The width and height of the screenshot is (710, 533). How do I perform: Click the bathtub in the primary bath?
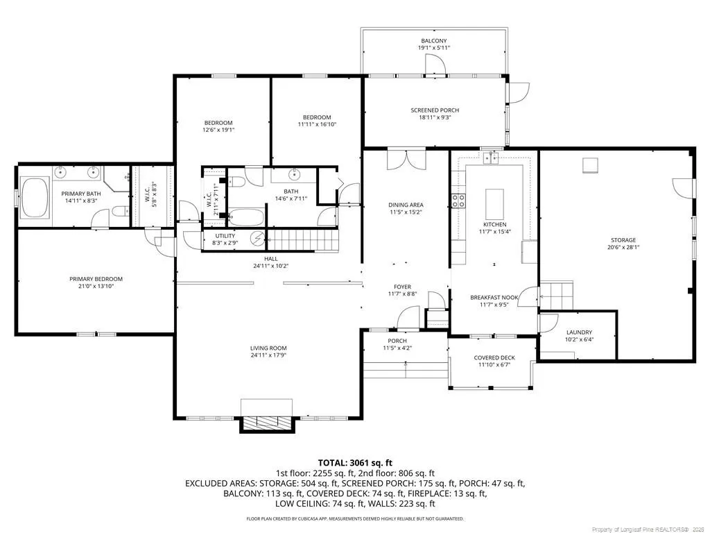[35, 198]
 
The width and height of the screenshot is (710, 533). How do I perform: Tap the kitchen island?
[494, 204]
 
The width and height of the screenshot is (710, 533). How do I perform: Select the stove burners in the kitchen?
[458, 201]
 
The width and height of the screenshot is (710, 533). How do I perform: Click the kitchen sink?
[490, 158]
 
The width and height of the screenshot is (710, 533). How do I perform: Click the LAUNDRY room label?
[579, 332]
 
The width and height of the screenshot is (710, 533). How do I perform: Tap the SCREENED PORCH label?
[435, 110]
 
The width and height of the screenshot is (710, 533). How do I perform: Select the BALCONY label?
[434, 41]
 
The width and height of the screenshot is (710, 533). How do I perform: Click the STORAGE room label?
[623, 240]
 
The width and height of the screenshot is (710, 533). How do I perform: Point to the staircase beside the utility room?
[303, 239]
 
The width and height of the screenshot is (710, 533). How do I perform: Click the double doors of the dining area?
[408, 159]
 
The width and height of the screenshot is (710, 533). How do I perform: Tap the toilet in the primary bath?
[119, 211]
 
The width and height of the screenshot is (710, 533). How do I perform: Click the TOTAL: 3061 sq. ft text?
[355, 463]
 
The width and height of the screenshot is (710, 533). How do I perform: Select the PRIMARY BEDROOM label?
[96, 279]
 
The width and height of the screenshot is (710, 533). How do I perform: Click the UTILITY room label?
[225, 236]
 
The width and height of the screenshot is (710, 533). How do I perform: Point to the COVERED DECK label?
[494, 357]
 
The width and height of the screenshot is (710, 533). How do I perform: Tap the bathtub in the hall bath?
[246, 217]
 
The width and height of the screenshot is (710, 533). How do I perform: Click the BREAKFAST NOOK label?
[494, 298]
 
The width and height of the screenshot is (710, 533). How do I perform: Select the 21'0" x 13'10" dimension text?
[96, 286]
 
